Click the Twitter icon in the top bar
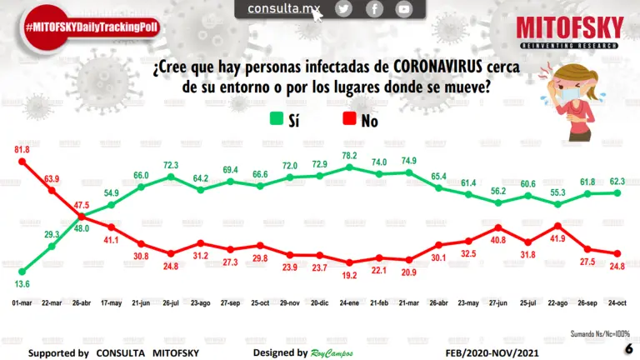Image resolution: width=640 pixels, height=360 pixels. point(344,9)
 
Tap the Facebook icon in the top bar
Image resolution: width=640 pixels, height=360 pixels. point(374,9)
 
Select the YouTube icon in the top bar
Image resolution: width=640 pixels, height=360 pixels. point(404,9)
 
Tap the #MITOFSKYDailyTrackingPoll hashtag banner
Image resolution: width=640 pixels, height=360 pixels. point(92,27)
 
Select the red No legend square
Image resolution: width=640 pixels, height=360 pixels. point(347,120)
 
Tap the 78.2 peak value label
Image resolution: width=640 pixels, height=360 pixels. point(349,155)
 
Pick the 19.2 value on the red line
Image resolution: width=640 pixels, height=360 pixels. point(349,274)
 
